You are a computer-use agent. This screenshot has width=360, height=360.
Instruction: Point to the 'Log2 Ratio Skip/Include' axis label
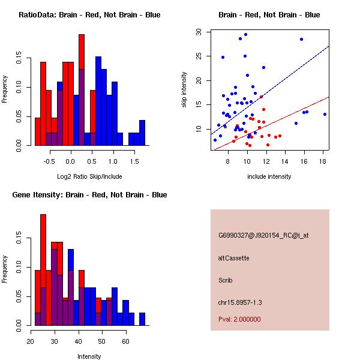click(x=89, y=176)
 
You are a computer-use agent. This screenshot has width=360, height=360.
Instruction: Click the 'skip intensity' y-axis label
click(x=184, y=90)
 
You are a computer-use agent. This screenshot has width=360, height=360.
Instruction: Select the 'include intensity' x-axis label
click(x=269, y=176)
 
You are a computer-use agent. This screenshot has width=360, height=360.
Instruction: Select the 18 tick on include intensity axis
click(x=323, y=161)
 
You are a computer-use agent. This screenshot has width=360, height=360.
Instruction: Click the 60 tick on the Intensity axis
click(x=125, y=341)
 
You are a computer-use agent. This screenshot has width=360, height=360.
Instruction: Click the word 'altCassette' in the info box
click(x=233, y=258)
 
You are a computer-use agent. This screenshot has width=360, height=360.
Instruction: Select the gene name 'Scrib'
click(x=226, y=280)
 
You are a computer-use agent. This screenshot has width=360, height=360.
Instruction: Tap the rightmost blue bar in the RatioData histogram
click(x=142, y=133)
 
